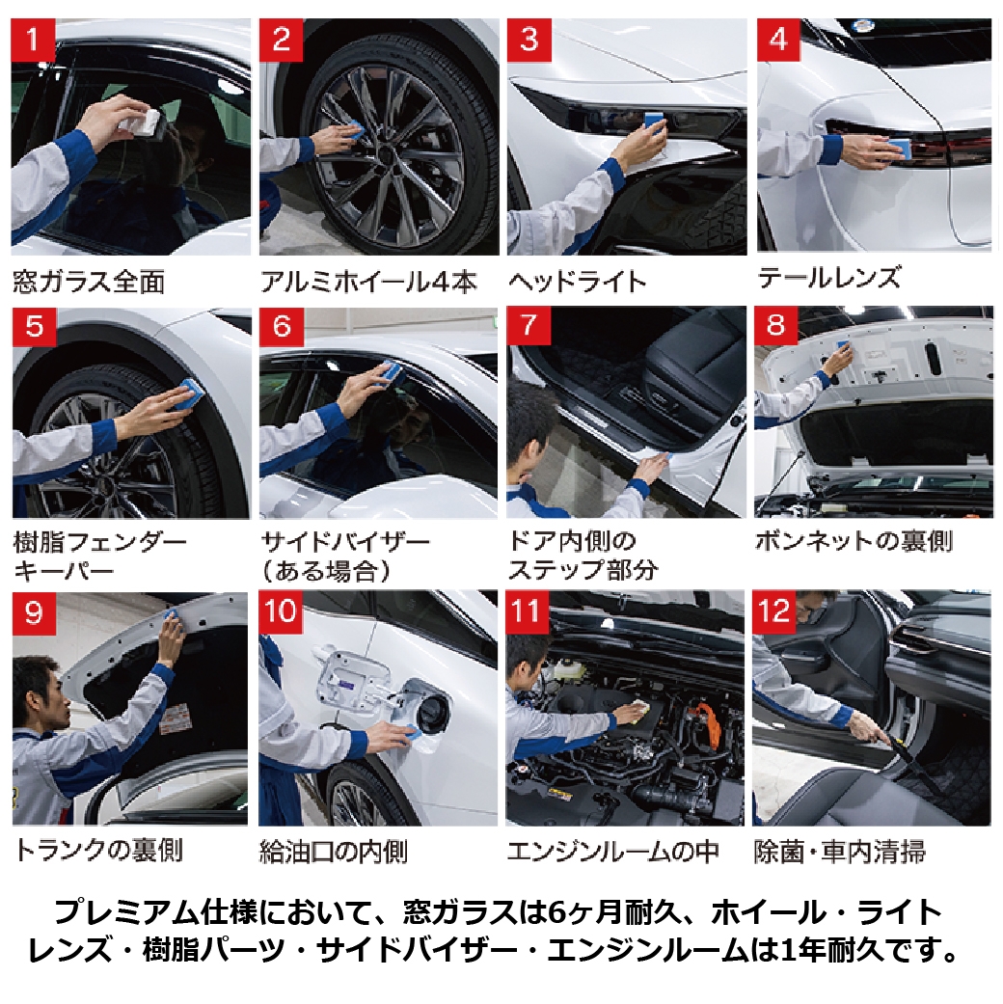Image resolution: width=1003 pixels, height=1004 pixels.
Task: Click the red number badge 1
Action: coord(33,40)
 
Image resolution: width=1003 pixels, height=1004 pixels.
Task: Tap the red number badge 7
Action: coord(529,326)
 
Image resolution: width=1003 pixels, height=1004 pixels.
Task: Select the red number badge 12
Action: coord(774,612)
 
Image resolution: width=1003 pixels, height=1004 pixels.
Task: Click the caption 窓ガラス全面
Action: coord(89,282)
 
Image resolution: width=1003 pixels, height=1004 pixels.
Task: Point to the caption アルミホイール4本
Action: coord(368,282)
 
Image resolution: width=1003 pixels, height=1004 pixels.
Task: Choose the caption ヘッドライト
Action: coord(577,282)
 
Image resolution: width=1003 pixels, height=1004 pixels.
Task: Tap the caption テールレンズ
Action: coord(829,278)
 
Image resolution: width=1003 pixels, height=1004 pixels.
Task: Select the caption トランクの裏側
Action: coord(98,851)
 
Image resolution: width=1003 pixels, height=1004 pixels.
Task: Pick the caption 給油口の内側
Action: coord(333,853)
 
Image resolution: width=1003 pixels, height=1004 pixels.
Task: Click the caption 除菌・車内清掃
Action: coord(840,852)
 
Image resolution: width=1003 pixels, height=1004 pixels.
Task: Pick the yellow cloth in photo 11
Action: coord(634,711)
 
